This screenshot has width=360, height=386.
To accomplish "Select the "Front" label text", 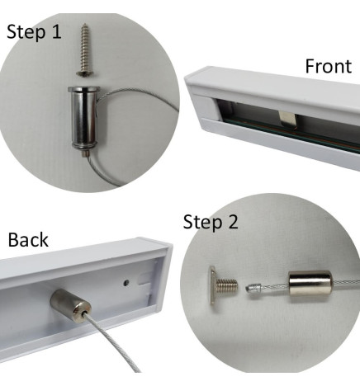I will pos(327,66).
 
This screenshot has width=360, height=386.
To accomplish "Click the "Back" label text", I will pos(28,240).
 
